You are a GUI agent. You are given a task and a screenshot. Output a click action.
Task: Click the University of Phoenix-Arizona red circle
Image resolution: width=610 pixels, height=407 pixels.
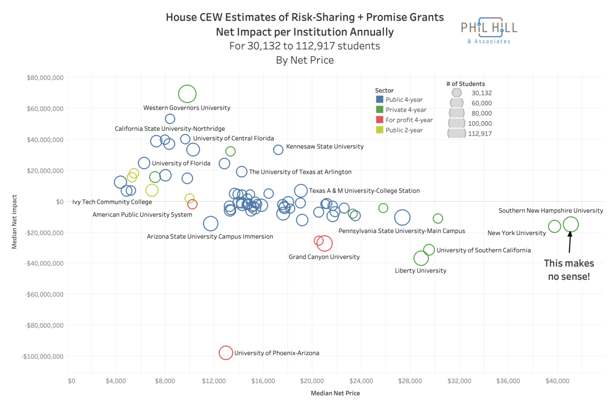[x=226, y=353]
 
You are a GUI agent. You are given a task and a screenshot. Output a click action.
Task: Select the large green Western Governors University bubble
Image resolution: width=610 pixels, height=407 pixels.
[x=187, y=94]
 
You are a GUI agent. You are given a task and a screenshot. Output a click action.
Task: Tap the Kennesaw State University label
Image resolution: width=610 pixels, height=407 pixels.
[x=325, y=147]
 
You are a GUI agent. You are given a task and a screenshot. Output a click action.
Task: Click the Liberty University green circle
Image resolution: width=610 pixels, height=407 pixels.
[x=421, y=258]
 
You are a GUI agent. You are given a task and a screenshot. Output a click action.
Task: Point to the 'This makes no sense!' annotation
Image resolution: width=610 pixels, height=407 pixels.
[x=569, y=270]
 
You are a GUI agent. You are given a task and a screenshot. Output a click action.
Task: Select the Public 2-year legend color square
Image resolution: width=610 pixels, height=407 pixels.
[x=380, y=130]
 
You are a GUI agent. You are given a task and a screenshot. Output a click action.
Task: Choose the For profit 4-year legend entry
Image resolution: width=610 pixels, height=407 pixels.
[x=409, y=120]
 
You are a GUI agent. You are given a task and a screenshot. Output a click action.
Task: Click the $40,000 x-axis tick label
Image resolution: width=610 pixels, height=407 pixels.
[x=558, y=381]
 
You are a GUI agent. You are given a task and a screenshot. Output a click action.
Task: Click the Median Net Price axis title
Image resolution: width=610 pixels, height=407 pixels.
[x=335, y=393]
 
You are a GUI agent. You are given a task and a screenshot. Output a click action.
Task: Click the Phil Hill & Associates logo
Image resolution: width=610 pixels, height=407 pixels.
[x=489, y=30]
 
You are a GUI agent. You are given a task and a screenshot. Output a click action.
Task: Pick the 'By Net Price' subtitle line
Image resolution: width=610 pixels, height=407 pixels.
[x=305, y=60]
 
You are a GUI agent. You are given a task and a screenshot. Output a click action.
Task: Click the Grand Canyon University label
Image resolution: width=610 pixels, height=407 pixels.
[x=324, y=257]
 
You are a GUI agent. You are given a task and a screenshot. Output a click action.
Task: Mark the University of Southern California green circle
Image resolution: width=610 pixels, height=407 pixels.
[x=429, y=250]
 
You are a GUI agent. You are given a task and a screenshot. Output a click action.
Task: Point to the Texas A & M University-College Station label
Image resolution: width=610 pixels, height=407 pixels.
[x=364, y=191]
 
